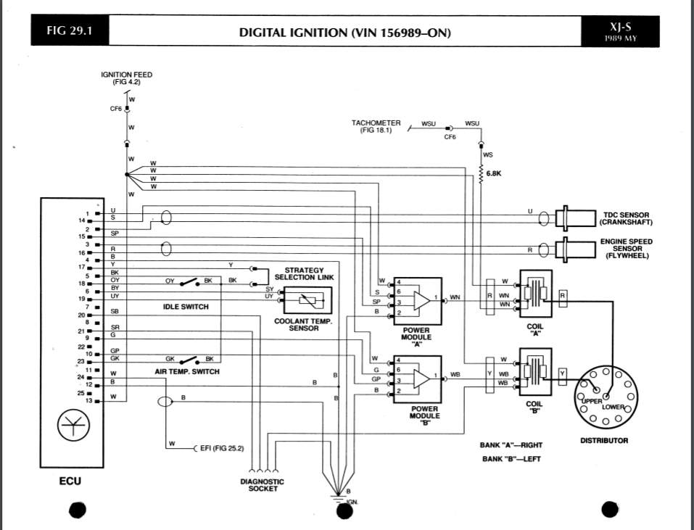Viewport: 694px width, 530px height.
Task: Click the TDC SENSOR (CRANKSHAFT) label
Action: coord(627,218)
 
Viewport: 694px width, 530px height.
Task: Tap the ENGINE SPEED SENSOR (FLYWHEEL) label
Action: coord(627,249)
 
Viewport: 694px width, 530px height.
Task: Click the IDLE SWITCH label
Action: coord(186,307)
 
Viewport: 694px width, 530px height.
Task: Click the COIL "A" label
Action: coord(534,329)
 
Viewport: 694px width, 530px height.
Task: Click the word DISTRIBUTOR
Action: coord(603,440)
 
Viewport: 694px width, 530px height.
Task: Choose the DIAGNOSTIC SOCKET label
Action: coord(262,484)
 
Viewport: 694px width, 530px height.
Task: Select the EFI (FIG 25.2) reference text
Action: coord(222,448)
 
